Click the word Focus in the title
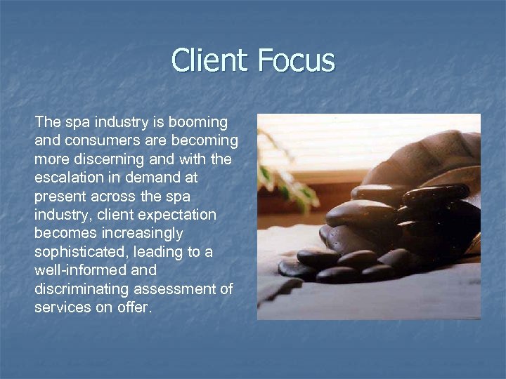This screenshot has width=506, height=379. click(296, 60)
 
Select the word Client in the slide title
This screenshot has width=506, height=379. click(211, 60)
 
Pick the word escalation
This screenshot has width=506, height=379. click(68, 178)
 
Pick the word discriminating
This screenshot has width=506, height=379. click(79, 288)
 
